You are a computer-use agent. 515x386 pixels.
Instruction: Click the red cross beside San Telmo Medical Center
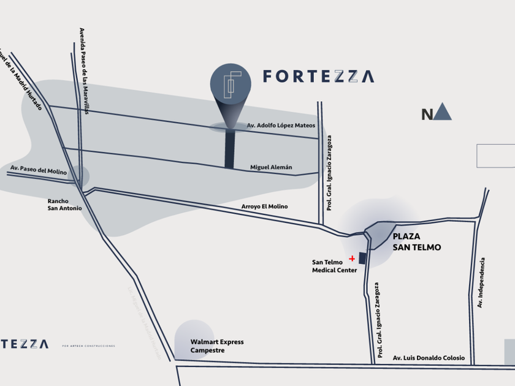[x=352, y=259]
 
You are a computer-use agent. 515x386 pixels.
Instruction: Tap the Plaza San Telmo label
[x=416, y=241]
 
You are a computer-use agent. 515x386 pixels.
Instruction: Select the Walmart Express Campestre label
[x=217, y=346]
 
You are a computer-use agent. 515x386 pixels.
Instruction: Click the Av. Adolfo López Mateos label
[x=281, y=126]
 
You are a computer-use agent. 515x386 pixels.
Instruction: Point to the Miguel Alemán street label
[x=271, y=167]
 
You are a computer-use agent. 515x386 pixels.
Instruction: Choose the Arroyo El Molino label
[x=264, y=206]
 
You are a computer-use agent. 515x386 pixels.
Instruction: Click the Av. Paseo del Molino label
[x=38, y=168]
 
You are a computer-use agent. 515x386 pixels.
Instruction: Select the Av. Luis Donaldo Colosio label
[x=429, y=358]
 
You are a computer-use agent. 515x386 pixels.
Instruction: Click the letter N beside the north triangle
[x=427, y=115]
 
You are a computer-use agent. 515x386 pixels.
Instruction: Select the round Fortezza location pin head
[x=231, y=84]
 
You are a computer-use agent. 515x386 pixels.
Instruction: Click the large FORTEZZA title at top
[x=318, y=77]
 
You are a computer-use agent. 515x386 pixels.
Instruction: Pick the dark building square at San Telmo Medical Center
[x=362, y=259]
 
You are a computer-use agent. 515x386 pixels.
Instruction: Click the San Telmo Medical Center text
[x=334, y=266]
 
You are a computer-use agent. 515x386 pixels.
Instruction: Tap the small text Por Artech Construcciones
[x=88, y=346]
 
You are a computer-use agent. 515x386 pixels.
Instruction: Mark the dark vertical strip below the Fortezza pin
[x=229, y=149]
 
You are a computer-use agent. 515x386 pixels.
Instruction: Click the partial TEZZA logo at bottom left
[x=24, y=344]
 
